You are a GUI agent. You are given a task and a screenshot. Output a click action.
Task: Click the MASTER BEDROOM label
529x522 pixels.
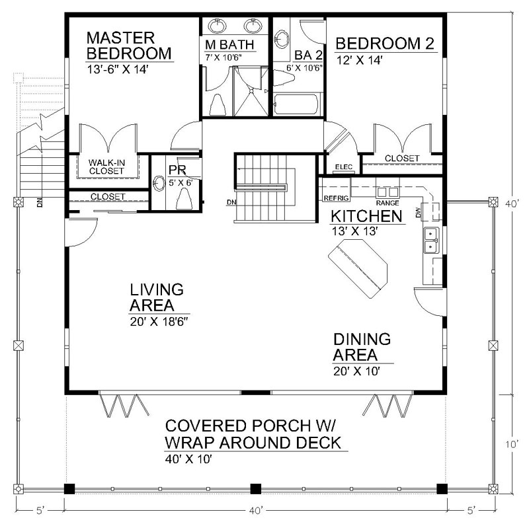[128, 44]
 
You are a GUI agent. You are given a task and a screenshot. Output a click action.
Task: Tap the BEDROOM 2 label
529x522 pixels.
[385, 44]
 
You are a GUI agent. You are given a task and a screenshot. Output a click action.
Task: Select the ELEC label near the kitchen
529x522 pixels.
[344, 167]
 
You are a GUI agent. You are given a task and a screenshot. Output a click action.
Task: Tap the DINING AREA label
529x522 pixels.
[362, 347]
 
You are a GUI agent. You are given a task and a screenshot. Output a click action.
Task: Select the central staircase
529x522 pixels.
[263, 188]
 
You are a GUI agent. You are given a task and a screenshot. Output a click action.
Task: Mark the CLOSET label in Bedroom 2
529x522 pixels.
[401, 159]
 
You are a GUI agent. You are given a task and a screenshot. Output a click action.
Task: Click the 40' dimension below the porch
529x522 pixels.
[257, 510]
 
